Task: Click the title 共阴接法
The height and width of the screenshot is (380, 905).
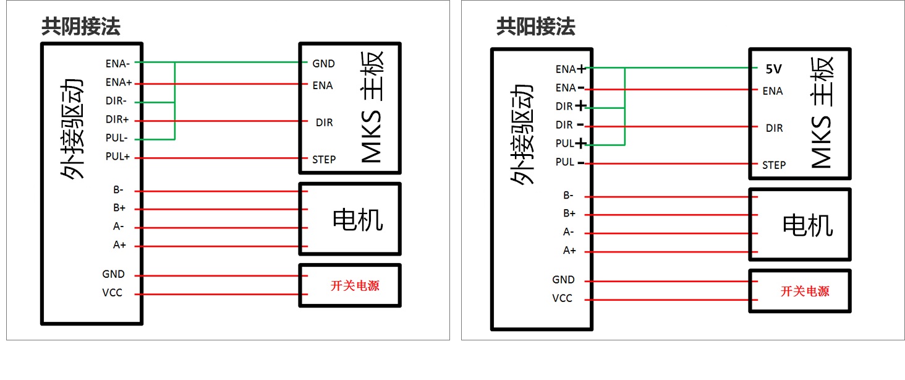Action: point(81,27)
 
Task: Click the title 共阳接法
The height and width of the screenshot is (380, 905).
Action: point(536,27)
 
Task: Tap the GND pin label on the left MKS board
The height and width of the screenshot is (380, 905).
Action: point(324,64)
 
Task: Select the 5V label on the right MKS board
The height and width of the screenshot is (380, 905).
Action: point(774,69)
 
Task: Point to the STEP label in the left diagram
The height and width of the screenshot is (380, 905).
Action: point(324,160)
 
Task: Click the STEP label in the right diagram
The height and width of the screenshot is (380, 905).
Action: point(774,165)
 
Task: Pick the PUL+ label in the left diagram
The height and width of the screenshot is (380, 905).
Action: point(117,156)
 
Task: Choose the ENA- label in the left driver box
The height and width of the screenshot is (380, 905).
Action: point(117,64)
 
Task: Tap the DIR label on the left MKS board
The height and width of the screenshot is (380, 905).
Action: point(324,123)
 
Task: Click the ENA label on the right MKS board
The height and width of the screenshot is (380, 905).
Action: point(773,91)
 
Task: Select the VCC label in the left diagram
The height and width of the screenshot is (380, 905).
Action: point(113,293)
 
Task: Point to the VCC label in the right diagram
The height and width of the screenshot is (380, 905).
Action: point(563,298)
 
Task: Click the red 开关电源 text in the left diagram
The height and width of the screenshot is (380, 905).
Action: point(355,286)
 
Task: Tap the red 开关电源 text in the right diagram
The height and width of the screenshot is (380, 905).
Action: point(805,291)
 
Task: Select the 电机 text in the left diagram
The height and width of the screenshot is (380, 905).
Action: point(357,220)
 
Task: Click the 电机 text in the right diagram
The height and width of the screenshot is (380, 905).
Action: point(807,225)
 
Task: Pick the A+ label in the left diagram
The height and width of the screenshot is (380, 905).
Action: point(119,245)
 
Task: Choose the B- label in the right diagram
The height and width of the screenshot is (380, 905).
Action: point(569,196)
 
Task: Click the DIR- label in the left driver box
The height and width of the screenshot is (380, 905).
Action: point(116,101)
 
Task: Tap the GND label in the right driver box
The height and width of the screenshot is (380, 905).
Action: point(563,280)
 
